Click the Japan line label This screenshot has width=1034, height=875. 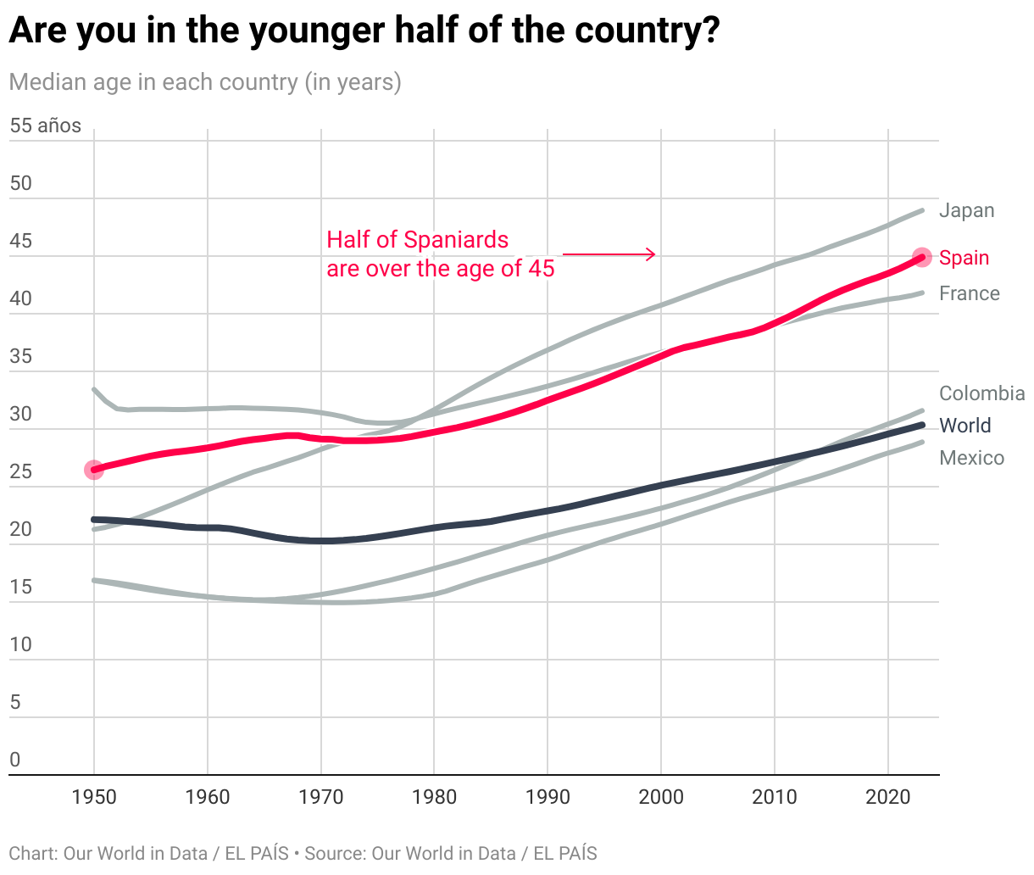[x=966, y=210]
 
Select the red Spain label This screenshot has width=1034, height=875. [x=964, y=258]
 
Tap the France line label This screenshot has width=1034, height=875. [x=969, y=293]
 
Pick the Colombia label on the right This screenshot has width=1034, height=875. [x=981, y=393]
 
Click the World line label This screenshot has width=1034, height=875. [x=965, y=426]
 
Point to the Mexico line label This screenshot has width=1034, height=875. [x=971, y=458]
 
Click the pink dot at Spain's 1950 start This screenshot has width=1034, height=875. [x=94, y=470]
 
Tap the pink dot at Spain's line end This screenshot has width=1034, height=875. [x=922, y=257]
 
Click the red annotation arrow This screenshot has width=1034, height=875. [x=609, y=254]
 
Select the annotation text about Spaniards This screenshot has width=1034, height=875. [x=440, y=254]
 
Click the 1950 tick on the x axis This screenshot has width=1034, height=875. [x=94, y=797]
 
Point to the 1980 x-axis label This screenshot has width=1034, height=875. [x=434, y=797]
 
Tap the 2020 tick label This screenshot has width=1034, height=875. [x=887, y=797]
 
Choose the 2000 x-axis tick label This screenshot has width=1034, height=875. [x=661, y=797]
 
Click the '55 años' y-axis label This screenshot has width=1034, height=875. [x=46, y=126]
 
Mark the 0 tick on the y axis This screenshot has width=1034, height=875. [x=14, y=760]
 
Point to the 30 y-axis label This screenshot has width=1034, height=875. [x=20, y=414]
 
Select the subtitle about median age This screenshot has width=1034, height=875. [x=205, y=82]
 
